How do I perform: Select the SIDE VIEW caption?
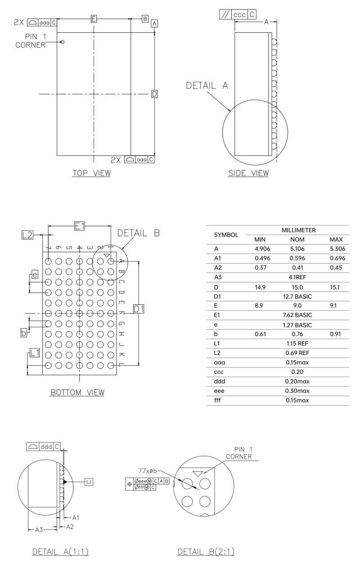[x=248, y=173]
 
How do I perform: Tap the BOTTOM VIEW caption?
[x=77, y=393]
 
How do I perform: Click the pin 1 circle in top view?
[x=62, y=42]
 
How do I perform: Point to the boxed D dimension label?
[x=154, y=94]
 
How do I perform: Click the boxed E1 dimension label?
[x=79, y=227]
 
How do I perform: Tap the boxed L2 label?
[x=27, y=234]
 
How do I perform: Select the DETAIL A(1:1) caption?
[x=60, y=552]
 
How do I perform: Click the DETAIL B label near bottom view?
[x=139, y=233]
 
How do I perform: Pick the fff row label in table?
[x=218, y=400]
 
